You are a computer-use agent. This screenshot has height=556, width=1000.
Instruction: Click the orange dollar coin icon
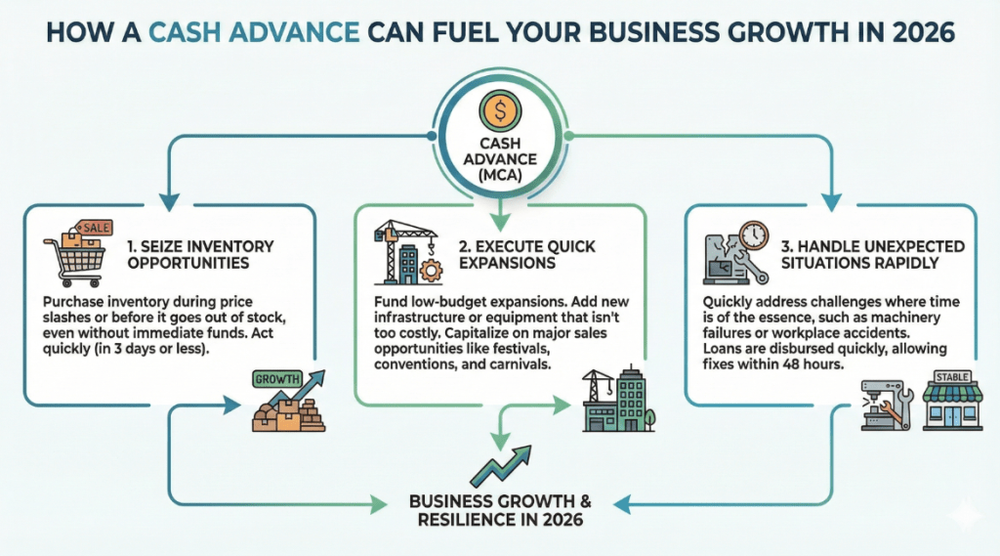pos(500,111)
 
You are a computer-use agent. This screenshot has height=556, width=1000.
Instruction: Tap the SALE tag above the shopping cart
pos(95,228)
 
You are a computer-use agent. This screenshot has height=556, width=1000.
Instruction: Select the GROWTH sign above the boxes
pos(277,379)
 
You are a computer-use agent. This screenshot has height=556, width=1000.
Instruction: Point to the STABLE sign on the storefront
pos(952,376)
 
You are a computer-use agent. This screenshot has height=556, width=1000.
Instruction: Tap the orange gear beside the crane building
pos(431,271)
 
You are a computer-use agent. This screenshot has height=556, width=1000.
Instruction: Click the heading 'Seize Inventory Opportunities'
pos(200,255)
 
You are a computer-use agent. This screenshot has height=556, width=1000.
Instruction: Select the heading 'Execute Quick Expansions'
pos(526,255)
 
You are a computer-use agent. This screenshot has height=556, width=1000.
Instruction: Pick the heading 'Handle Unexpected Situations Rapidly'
pos(872,255)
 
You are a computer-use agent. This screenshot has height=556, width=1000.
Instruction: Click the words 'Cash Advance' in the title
pos(254,32)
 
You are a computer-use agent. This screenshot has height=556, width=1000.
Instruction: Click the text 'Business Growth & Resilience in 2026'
pos(500,510)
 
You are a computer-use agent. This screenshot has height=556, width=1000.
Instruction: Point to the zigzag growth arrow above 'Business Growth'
pos(501,466)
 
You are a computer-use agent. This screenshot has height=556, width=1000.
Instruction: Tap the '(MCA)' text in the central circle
pos(500,175)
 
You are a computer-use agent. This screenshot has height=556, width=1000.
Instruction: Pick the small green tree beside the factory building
pos(649,419)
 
